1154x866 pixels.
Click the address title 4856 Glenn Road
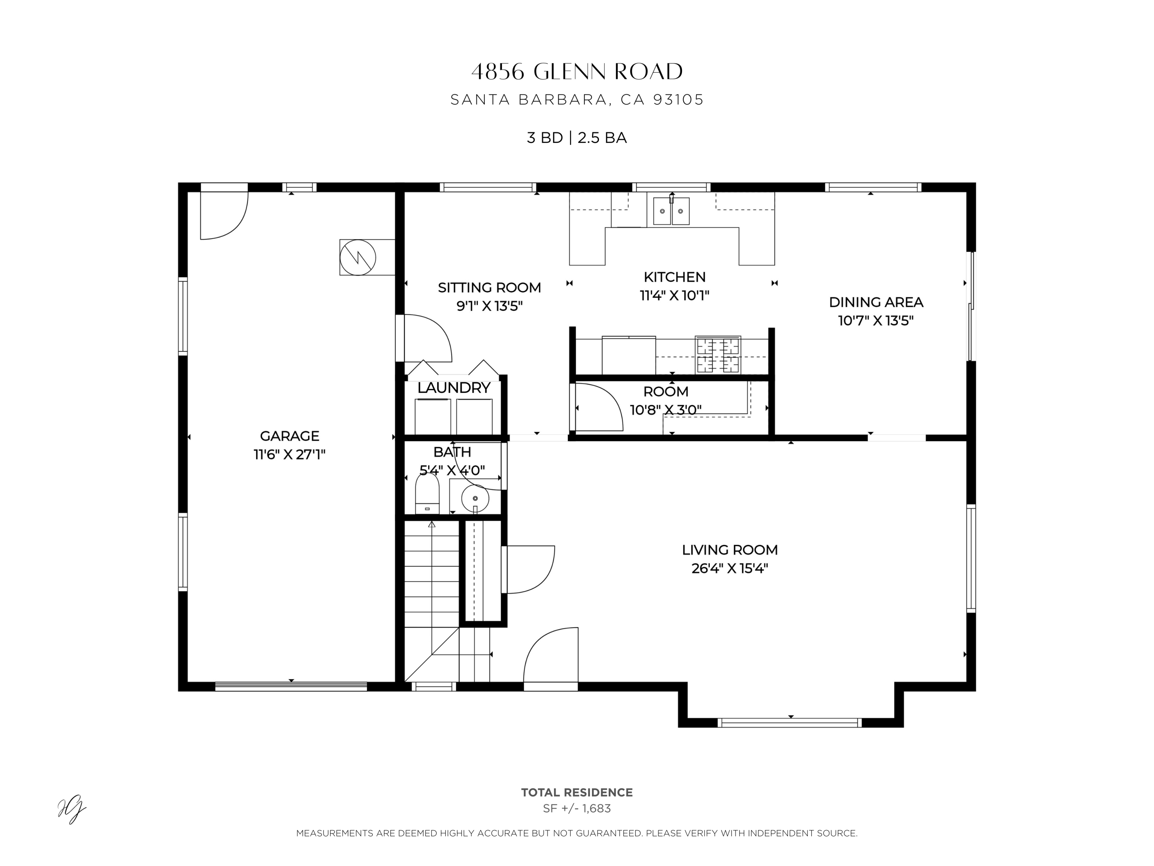577,72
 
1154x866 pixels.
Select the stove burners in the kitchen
718,355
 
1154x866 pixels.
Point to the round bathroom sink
475,498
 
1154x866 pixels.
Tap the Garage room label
290,436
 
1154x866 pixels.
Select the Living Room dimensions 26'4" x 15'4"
730,568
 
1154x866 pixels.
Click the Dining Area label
876,302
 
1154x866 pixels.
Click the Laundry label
454,388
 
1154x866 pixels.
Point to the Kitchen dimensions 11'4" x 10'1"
675,296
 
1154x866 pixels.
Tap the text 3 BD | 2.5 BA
577,138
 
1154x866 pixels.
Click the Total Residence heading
577,792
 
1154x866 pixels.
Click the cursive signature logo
72,810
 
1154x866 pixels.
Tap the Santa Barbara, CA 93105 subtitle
577,100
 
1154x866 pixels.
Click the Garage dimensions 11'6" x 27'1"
290,454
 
